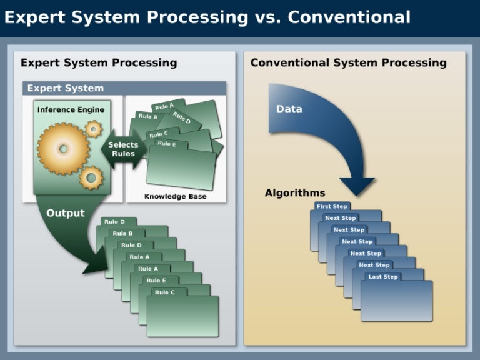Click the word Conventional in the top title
pyautogui.click(x=349, y=17)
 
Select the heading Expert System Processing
pyautogui.click(x=99, y=62)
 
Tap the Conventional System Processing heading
pyautogui.click(x=349, y=62)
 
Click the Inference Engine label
pyautogui.click(x=71, y=109)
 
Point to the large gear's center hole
pyautogui.click(x=62, y=149)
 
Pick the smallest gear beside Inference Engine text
pyautogui.click(x=93, y=129)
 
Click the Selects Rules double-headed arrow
pyautogui.click(x=123, y=149)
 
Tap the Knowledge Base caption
pyautogui.click(x=175, y=196)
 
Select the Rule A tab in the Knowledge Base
pyautogui.click(x=164, y=106)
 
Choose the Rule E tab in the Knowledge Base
pyautogui.click(x=167, y=144)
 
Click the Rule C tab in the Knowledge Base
pyautogui.click(x=159, y=134)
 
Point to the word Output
pyautogui.click(x=65, y=213)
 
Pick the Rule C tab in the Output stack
pyautogui.click(x=165, y=292)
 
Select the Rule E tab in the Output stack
pyautogui.click(x=156, y=281)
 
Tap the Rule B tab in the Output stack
pyautogui.click(x=122, y=234)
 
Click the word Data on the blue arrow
pyautogui.click(x=289, y=109)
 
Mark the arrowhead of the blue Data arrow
pyautogui.click(x=357, y=186)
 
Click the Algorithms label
pyautogui.click(x=294, y=193)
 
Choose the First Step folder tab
pyautogui.click(x=332, y=206)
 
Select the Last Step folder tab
pyautogui.click(x=382, y=276)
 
